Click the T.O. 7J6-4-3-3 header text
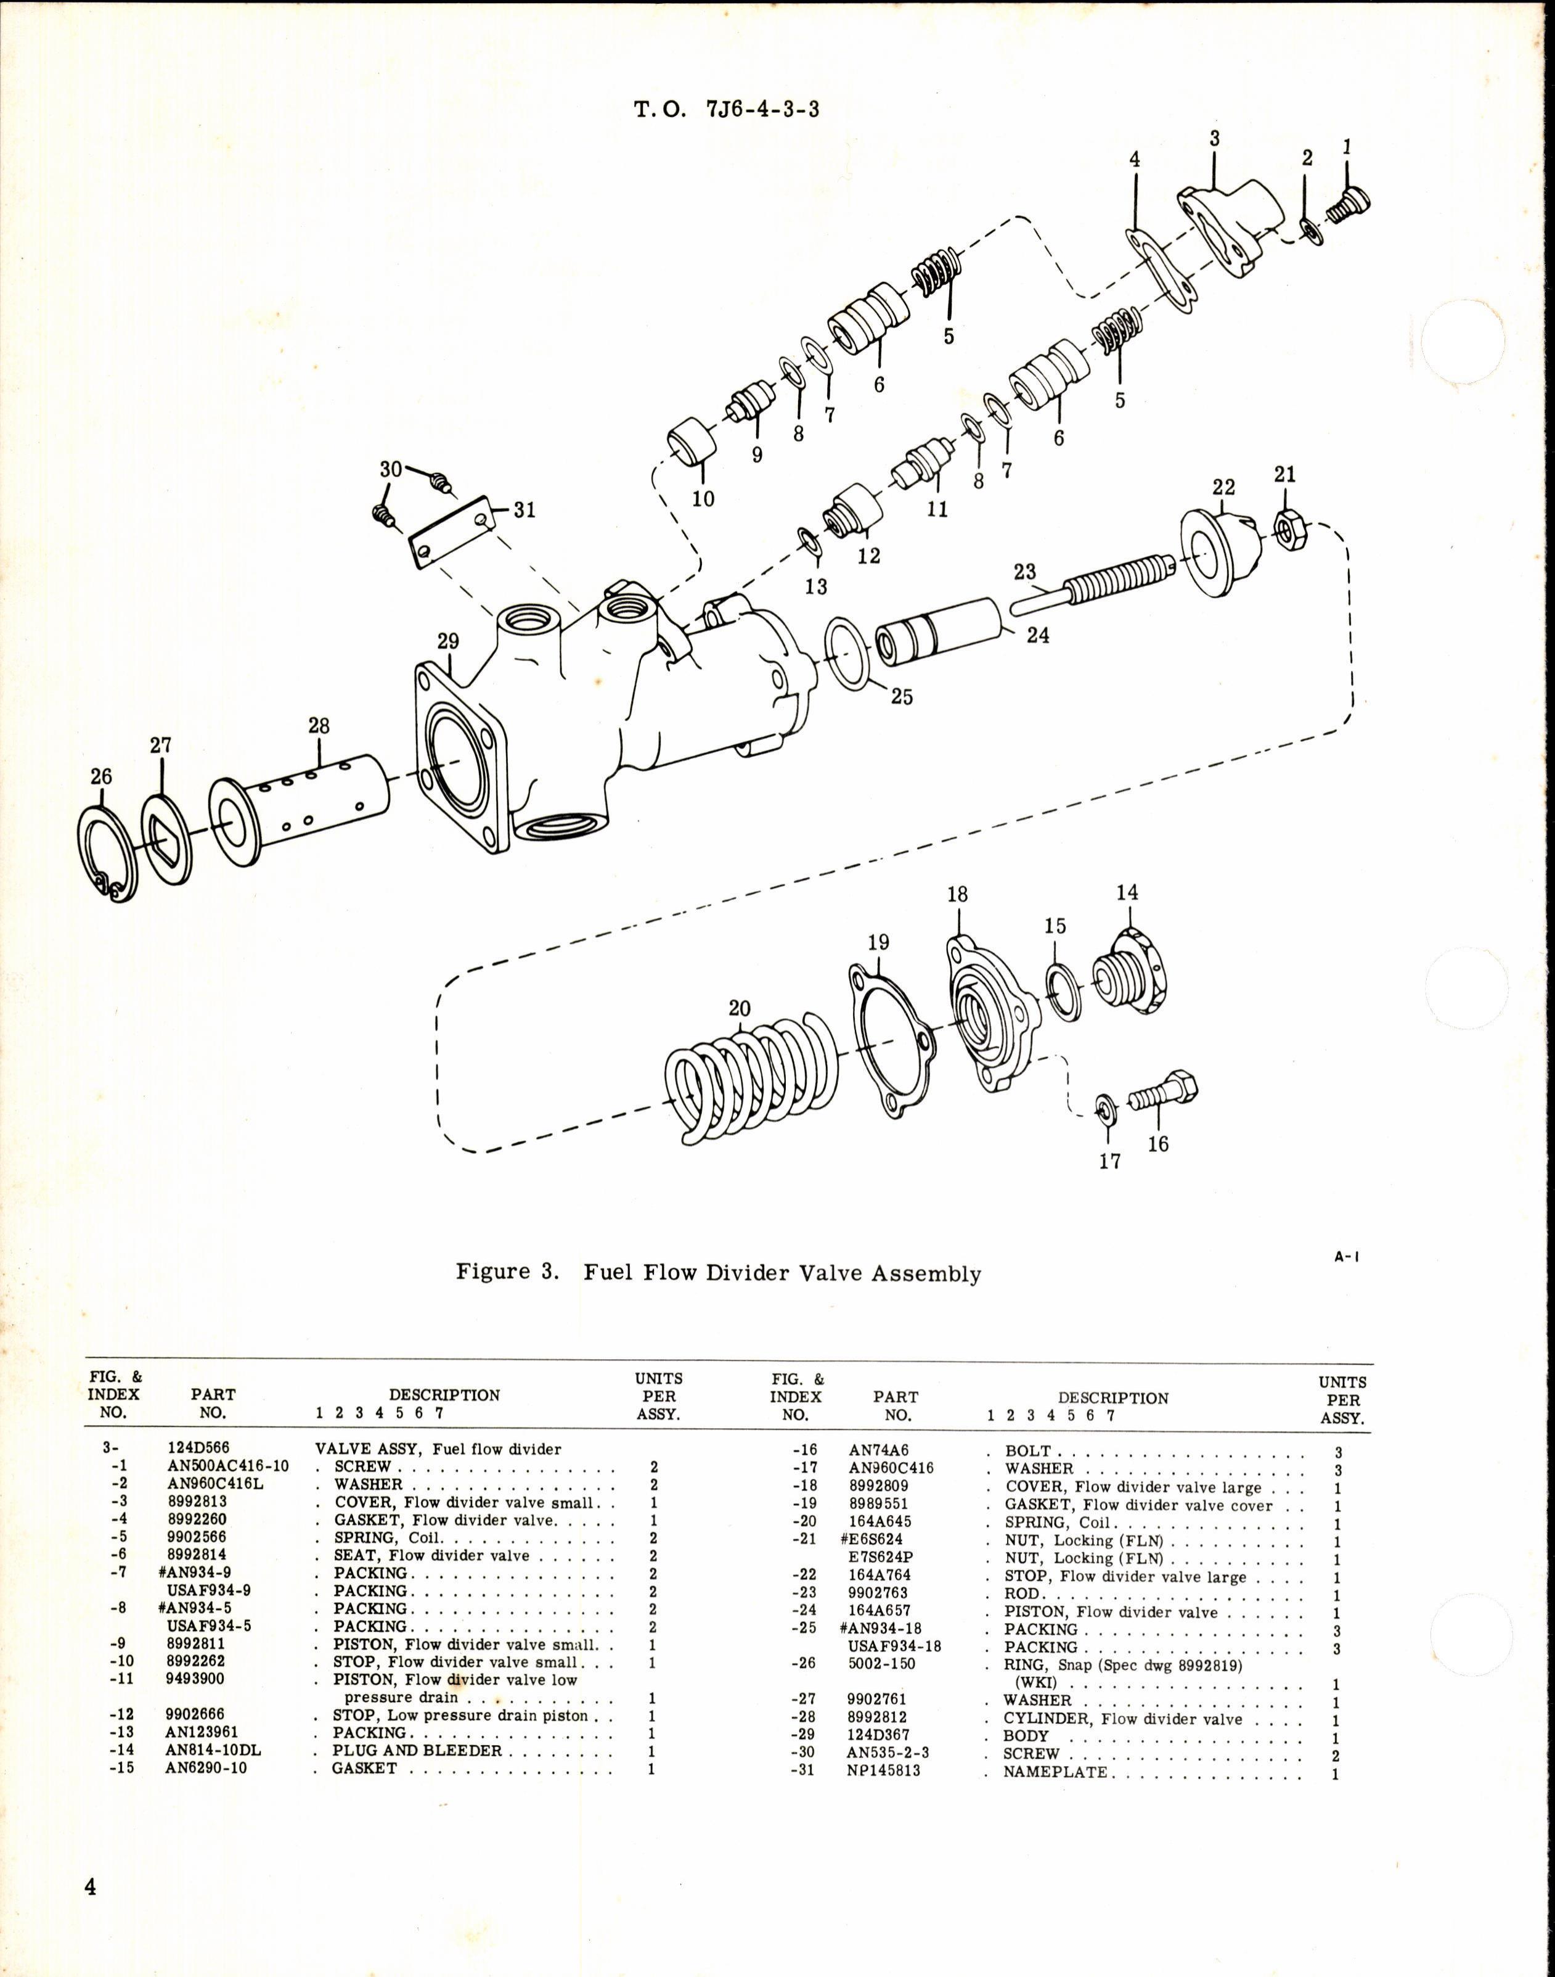[725, 110]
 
